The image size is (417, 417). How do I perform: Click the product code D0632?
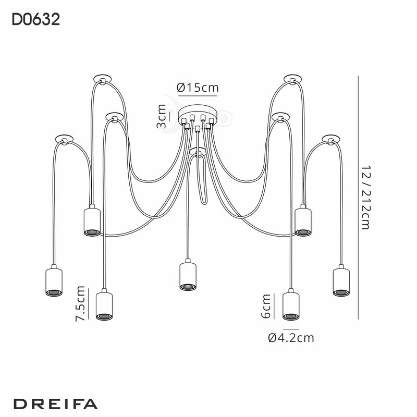[x=35, y=20]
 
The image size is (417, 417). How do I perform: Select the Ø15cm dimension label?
[x=198, y=88]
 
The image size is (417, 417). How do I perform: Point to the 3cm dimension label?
[x=162, y=116]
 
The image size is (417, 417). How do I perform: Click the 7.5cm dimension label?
[x=81, y=304]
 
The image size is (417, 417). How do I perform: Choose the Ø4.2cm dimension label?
[x=291, y=338]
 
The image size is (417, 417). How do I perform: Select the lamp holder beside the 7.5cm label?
[x=105, y=305]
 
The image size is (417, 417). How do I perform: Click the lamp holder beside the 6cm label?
[x=291, y=305]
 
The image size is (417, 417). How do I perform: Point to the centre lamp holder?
[x=188, y=275]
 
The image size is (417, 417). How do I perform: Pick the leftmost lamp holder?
[x=54, y=282]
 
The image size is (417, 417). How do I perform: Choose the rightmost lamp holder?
[x=340, y=282]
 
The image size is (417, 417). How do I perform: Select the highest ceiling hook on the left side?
[x=102, y=79]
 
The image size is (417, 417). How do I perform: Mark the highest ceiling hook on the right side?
[x=292, y=79]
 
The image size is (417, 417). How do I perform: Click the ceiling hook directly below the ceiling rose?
[x=197, y=152]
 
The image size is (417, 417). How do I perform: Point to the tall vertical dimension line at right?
[x=358, y=198]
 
